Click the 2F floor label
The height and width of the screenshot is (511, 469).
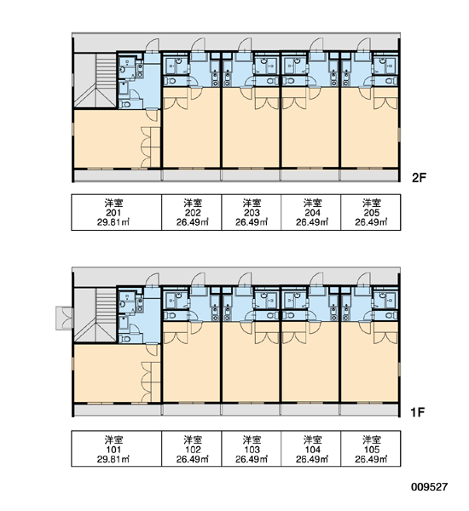point(419,178)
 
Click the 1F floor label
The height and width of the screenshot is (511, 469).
point(418,412)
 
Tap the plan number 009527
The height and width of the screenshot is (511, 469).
point(429,487)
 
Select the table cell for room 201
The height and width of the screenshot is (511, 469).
point(117,212)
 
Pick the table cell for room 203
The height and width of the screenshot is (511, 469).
point(252,212)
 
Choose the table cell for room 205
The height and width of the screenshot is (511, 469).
point(371,212)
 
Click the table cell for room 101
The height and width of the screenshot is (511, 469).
point(117,449)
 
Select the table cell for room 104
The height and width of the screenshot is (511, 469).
point(311,449)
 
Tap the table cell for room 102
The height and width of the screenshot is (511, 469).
point(192,449)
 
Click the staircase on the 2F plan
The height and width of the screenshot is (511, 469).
point(96,81)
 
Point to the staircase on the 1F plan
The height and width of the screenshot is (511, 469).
point(96,315)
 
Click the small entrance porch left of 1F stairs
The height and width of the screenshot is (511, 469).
point(65,318)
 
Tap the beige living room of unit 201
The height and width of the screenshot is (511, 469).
point(111,139)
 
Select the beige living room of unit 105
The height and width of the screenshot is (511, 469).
point(370,362)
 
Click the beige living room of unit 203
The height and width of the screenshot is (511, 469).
point(251,128)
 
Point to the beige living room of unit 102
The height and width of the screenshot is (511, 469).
point(192,362)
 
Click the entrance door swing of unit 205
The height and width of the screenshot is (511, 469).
point(364,45)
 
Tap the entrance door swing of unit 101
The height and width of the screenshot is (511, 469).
point(152,280)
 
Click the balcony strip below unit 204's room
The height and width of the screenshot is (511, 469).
point(310,175)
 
